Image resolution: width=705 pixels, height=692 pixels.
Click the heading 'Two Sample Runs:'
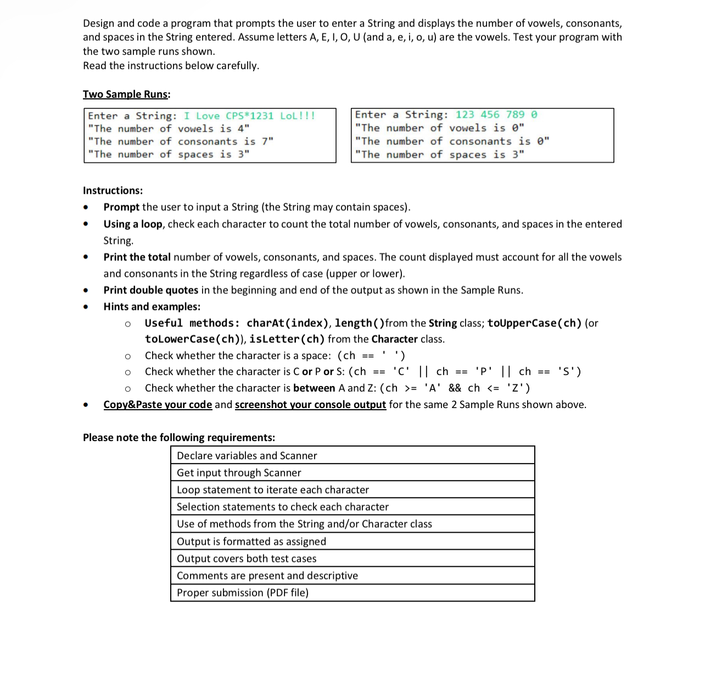tap(126, 94)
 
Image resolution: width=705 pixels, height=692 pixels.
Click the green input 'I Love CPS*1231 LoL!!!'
tap(249, 116)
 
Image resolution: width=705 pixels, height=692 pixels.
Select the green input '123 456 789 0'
tap(496, 115)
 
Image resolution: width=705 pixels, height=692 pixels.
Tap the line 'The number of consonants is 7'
tap(181, 142)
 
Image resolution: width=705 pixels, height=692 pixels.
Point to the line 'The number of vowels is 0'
tap(439, 128)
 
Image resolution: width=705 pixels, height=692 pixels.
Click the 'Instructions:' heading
tap(113, 191)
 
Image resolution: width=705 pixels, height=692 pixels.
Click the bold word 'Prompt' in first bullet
tap(121, 207)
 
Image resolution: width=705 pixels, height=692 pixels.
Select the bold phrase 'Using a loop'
tap(133, 224)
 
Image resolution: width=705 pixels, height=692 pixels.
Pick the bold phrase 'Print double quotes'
tap(150, 290)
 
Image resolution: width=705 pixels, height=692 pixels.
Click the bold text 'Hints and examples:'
tap(152, 306)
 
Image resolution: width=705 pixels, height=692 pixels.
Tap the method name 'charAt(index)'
tap(287, 323)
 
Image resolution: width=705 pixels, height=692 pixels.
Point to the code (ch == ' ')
tap(371, 355)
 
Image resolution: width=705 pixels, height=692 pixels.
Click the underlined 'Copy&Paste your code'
tap(158, 405)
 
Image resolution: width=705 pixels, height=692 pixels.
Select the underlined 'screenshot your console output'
tap(310, 405)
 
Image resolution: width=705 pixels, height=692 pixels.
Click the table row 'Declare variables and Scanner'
tap(247, 456)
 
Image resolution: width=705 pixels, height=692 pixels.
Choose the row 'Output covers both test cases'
tap(246, 559)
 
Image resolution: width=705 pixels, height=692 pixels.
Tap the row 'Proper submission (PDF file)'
tap(242, 593)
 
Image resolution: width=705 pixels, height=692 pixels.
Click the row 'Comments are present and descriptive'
tap(267, 576)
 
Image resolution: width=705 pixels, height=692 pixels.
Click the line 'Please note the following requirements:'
tap(179, 438)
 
